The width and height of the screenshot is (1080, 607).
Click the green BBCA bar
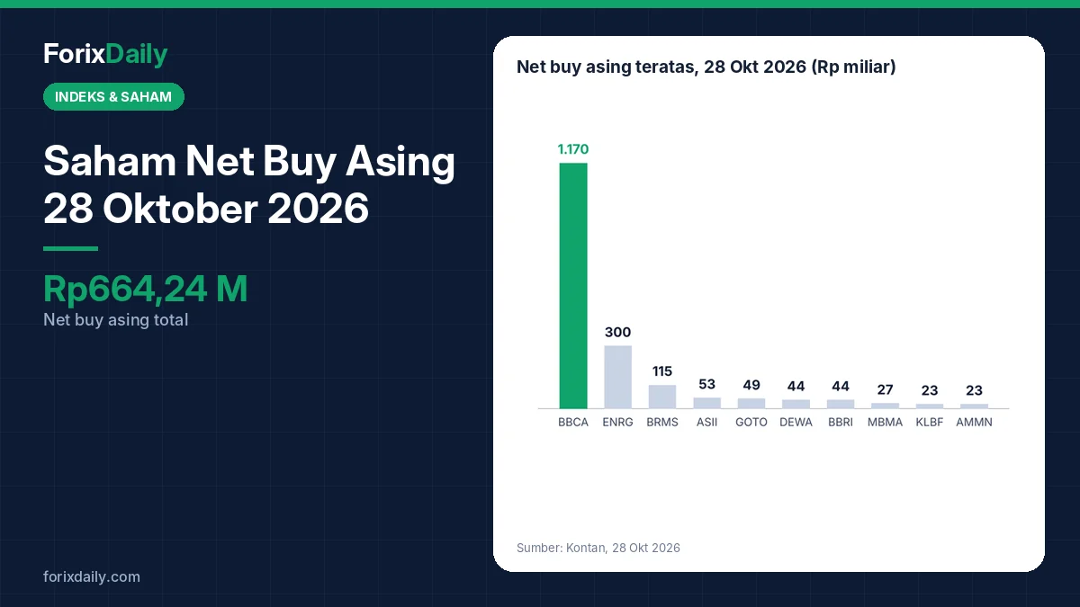[x=573, y=286]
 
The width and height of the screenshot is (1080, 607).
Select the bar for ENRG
[x=617, y=377]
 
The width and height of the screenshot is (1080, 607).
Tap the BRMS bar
[x=662, y=397]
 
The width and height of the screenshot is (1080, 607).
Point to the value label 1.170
[x=573, y=149]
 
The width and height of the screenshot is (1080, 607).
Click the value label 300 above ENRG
[x=617, y=332]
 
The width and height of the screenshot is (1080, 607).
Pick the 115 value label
[x=662, y=371]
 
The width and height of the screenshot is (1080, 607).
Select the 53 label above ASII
[x=706, y=384]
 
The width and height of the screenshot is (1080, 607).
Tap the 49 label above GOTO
[x=751, y=385]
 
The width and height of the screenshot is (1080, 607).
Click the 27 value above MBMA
[x=885, y=389]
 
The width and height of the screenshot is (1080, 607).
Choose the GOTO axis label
[x=751, y=422]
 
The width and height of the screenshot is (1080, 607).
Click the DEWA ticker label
[x=796, y=422]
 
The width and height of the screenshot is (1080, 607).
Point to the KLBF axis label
[x=930, y=422]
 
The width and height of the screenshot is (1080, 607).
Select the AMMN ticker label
[x=974, y=422]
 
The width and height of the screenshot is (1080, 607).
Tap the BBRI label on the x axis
[x=841, y=422]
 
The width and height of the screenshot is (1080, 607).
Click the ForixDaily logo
[x=105, y=54]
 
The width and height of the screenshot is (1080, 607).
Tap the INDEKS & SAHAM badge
[x=113, y=97]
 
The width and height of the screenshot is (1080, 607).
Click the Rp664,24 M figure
[x=145, y=289]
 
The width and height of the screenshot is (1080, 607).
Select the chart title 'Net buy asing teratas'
[x=607, y=67]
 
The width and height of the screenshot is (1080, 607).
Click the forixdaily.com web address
[x=92, y=576]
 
